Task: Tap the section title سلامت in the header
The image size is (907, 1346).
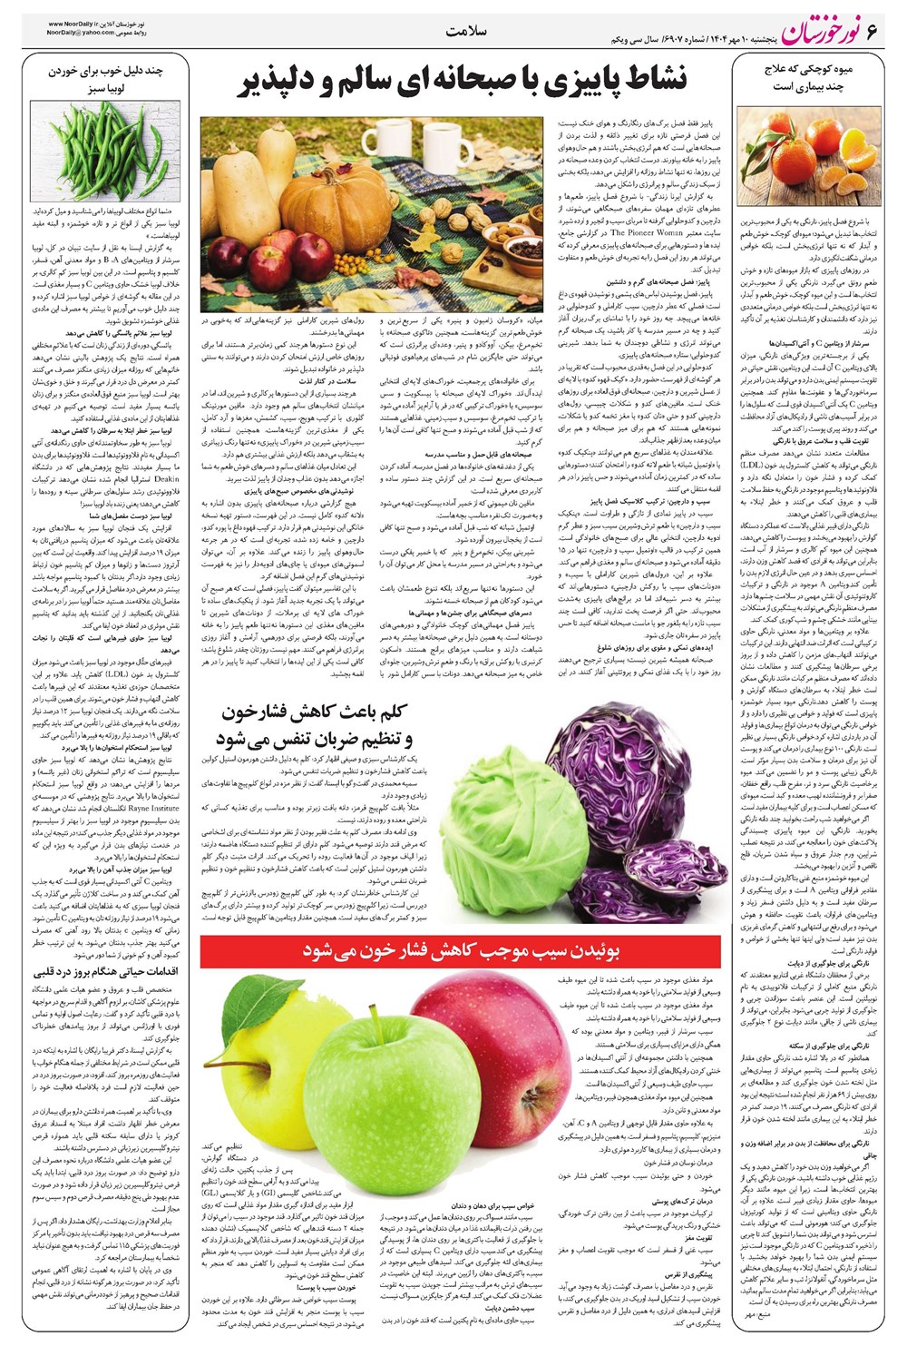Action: click(467, 31)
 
